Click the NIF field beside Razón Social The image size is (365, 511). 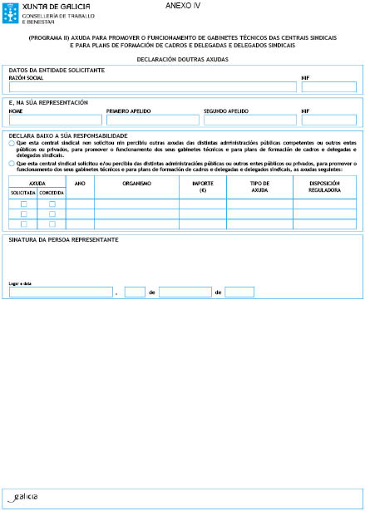click(x=328, y=86)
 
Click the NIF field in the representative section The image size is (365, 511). click(x=328, y=120)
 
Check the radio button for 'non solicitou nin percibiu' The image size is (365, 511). click(x=12, y=143)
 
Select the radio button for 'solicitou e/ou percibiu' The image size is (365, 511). click(x=12, y=164)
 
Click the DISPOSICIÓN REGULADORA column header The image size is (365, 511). click(x=324, y=186)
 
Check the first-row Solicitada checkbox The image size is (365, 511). click(x=23, y=204)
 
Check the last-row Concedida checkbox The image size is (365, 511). click(x=52, y=224)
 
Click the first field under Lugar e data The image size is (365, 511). click(x=60, y=292)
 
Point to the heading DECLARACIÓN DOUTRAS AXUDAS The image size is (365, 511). click(x=182, y=60)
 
